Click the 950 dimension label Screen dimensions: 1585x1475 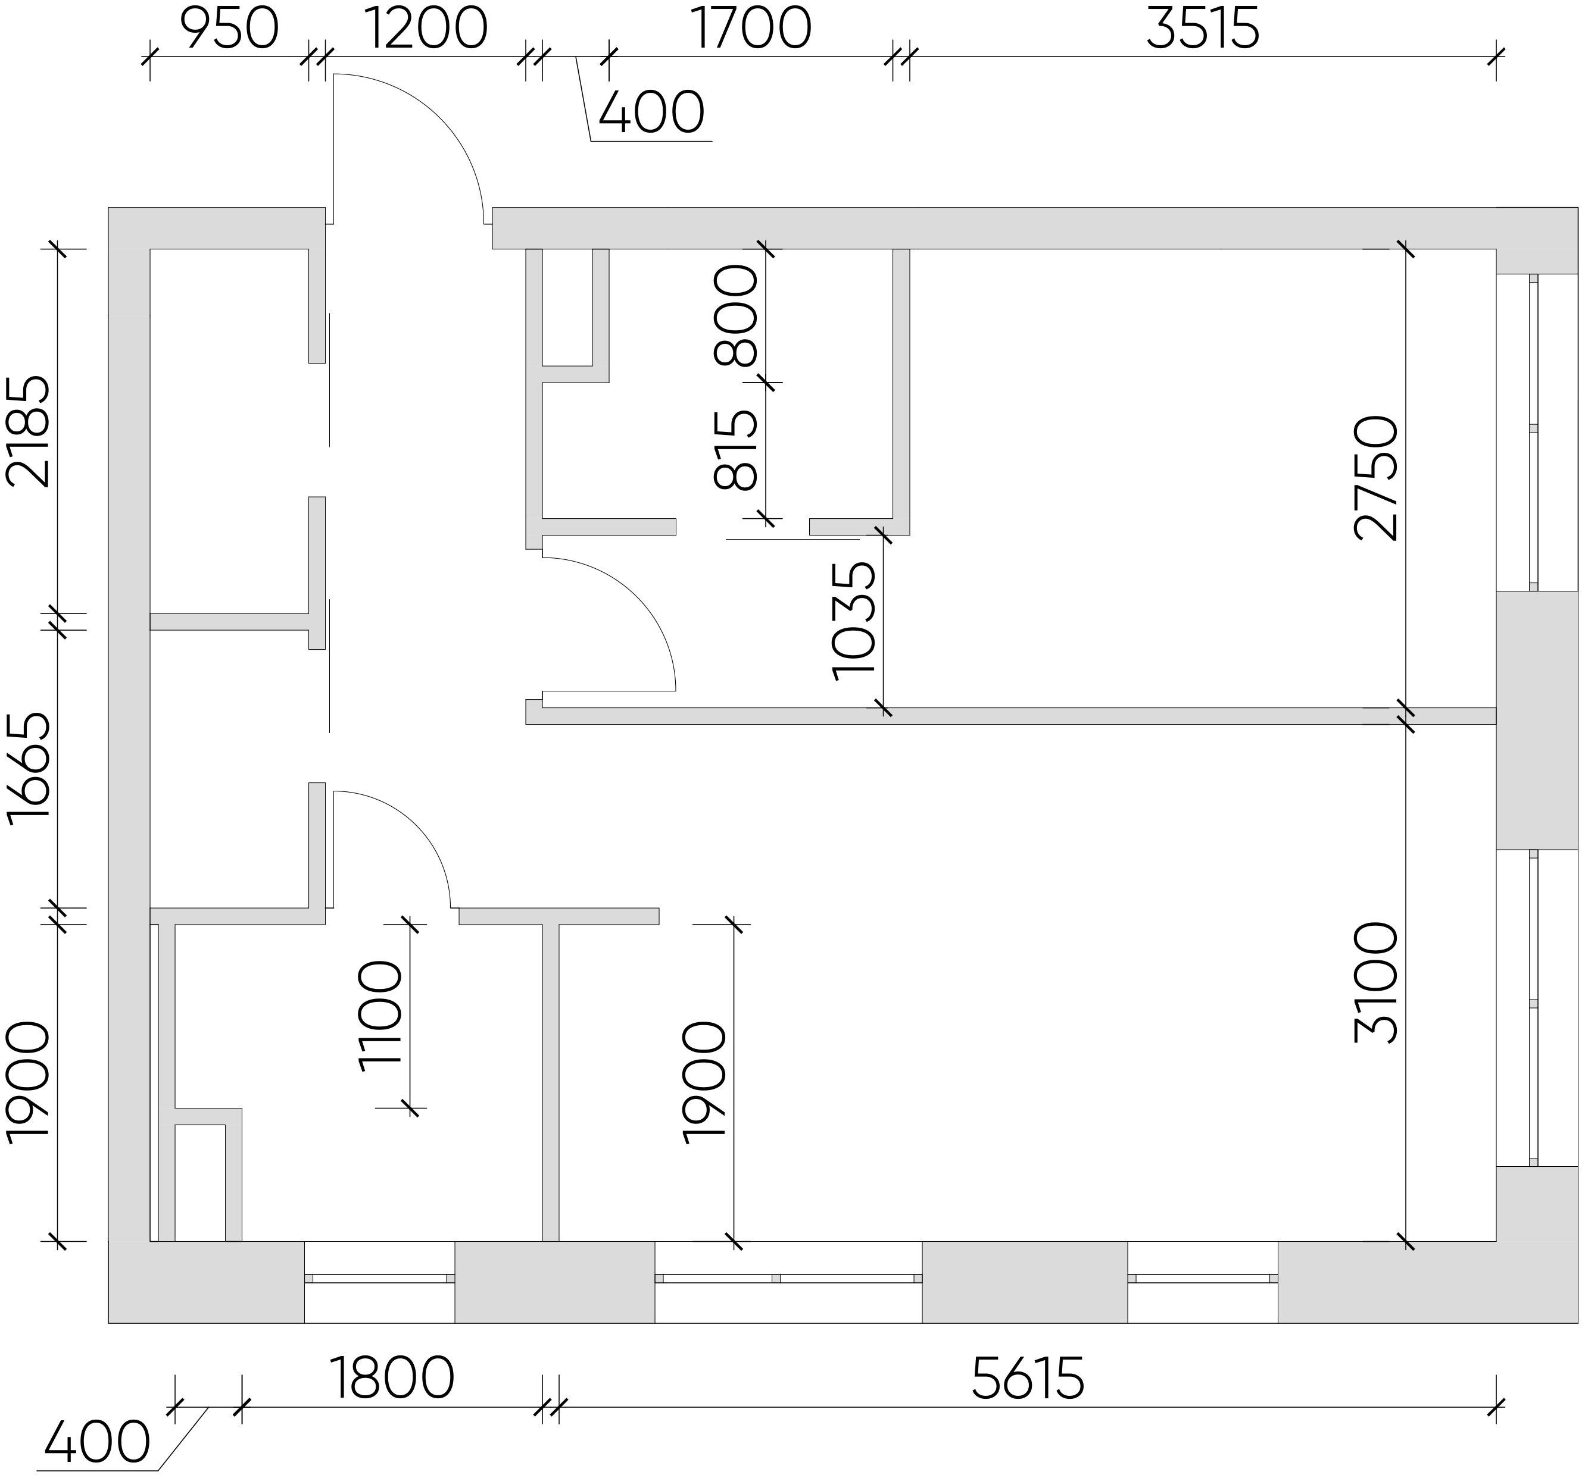[x=229, y=30]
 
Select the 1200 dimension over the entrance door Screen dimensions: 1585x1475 [x=426, y=30]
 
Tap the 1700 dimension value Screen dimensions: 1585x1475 [x=751, y=30]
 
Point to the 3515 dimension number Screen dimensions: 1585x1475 [x=1202, y=30]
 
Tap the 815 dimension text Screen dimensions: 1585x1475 [x=735, y=450]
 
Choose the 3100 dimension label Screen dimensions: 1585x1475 [x=1376, y=984]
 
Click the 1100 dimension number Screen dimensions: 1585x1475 [x=381, y=1016]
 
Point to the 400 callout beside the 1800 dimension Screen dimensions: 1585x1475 [x=97, y=1442]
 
